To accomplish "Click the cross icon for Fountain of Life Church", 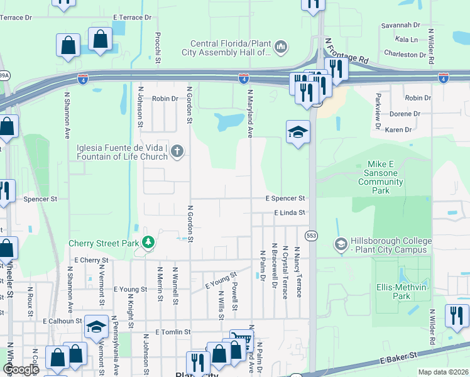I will (x=178, y=150).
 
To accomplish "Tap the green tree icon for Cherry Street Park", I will (x=148, y=242).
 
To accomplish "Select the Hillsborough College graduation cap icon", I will (x=341, y=244).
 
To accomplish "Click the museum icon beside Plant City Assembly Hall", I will (x=281, y=46).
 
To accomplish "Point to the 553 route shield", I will (x=312, y=234).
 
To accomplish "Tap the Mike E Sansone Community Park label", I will (x=380, y=177).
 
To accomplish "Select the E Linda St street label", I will (x=289, y=213).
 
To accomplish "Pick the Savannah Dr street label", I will (x=400, y=25).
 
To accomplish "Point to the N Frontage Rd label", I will (x=346, y=52).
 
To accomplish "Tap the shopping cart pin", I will (x=241, y=340).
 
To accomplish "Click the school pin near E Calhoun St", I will (x=96, y=326).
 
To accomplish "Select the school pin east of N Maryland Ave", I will (x=298, y=131).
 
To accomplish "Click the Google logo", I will (x=21, y=369).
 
